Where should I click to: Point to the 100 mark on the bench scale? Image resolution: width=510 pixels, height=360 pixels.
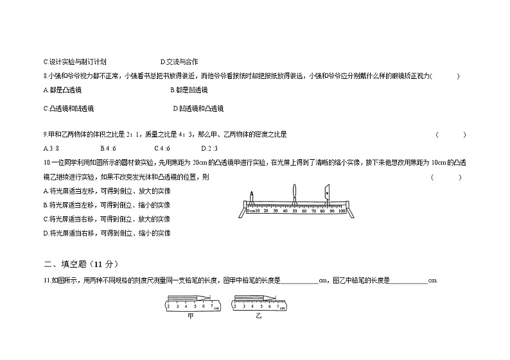point(342,210)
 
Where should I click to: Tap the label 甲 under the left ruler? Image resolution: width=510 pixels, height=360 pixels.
point(190,316)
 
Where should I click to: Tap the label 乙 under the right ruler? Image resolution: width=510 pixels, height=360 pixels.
point(258,316)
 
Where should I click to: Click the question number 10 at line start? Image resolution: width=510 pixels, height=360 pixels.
point(46,163)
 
